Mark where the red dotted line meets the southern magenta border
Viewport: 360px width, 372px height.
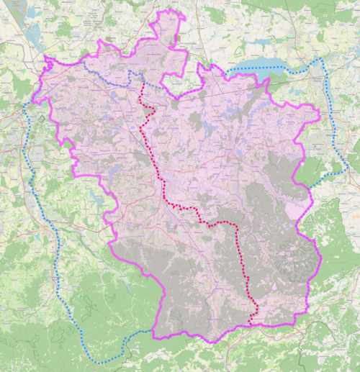[250, 325]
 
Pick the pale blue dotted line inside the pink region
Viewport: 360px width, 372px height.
[108, 77]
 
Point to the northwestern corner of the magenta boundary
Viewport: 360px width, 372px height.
[45, 58]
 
